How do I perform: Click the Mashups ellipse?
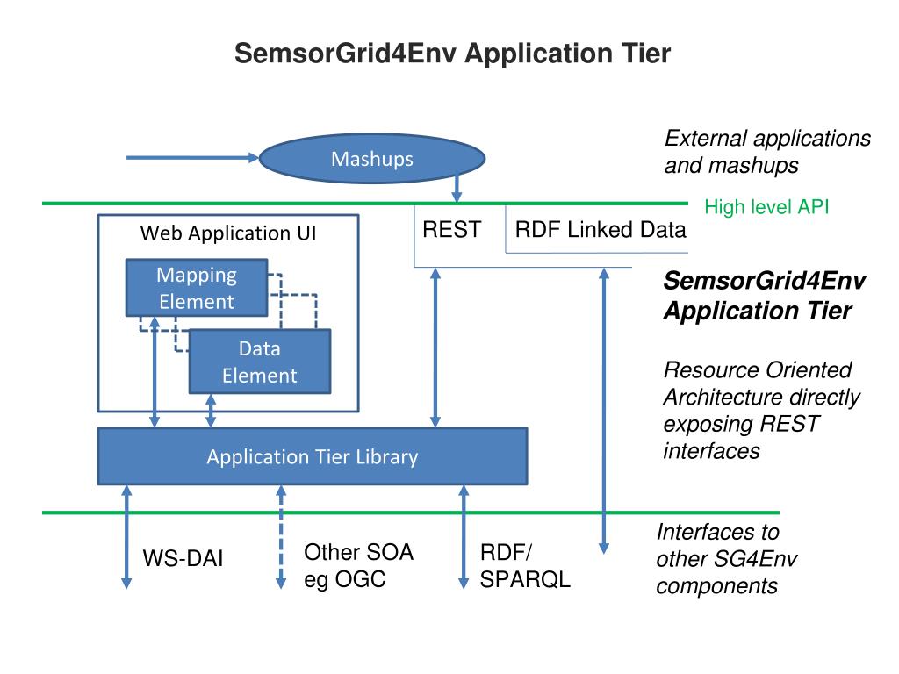click(x=371, y=159)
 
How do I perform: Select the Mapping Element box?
click(x=197, y=288)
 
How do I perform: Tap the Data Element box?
click(x=260, y=362)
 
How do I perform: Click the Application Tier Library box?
click(x=312, y=456)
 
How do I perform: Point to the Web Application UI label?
click(x=228, y=233)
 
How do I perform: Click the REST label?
click(x=451, y=230)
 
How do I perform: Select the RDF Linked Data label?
click(x=601, y=230)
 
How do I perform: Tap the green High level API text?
click(x=766, y=208)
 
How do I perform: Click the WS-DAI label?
click(x=183, y=558)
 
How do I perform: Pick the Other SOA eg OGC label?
click(x=358, y=566)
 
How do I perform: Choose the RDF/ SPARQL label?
click(x=525, y=566)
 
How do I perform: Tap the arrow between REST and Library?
click(x=435, y=348)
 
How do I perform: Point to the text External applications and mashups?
click(x=767, y=152)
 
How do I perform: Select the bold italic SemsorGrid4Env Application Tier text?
click(x=765, y=296)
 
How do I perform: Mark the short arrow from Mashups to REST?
click(x=457, y=186)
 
